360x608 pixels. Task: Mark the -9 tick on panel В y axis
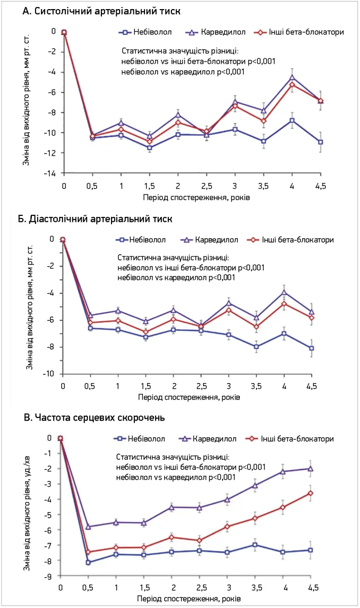49,576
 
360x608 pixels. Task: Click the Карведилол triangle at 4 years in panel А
292,77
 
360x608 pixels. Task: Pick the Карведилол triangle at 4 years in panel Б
284,292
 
